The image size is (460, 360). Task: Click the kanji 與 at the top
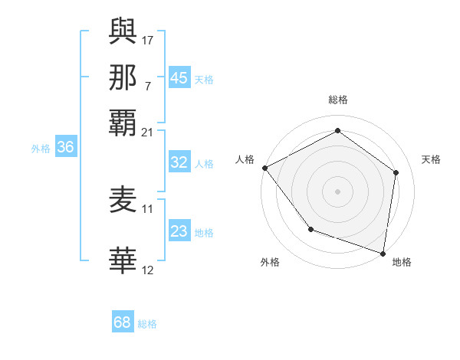click(123, 31)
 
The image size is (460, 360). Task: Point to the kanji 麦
click(123, 201)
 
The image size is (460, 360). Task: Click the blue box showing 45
click(179, 78)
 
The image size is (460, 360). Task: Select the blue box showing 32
click(179, 162)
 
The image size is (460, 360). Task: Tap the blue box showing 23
click(179, 231)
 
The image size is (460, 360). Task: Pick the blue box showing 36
click(65, 148)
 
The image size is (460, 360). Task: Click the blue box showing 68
click(122, 322)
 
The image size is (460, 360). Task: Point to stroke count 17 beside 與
click(148, 39)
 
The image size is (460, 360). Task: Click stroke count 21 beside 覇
click(148, 132)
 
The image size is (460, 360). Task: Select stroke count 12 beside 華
click(148, 269)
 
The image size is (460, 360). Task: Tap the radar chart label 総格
click(337, 100)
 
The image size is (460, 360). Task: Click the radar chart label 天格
click(431, 159)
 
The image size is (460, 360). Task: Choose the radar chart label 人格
click(245, 159)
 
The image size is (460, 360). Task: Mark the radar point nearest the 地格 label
click(383, 253)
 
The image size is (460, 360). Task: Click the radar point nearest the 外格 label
click(310, 229)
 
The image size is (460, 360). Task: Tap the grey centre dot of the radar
click(337, 191)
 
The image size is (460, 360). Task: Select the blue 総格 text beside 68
click(147, 324)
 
